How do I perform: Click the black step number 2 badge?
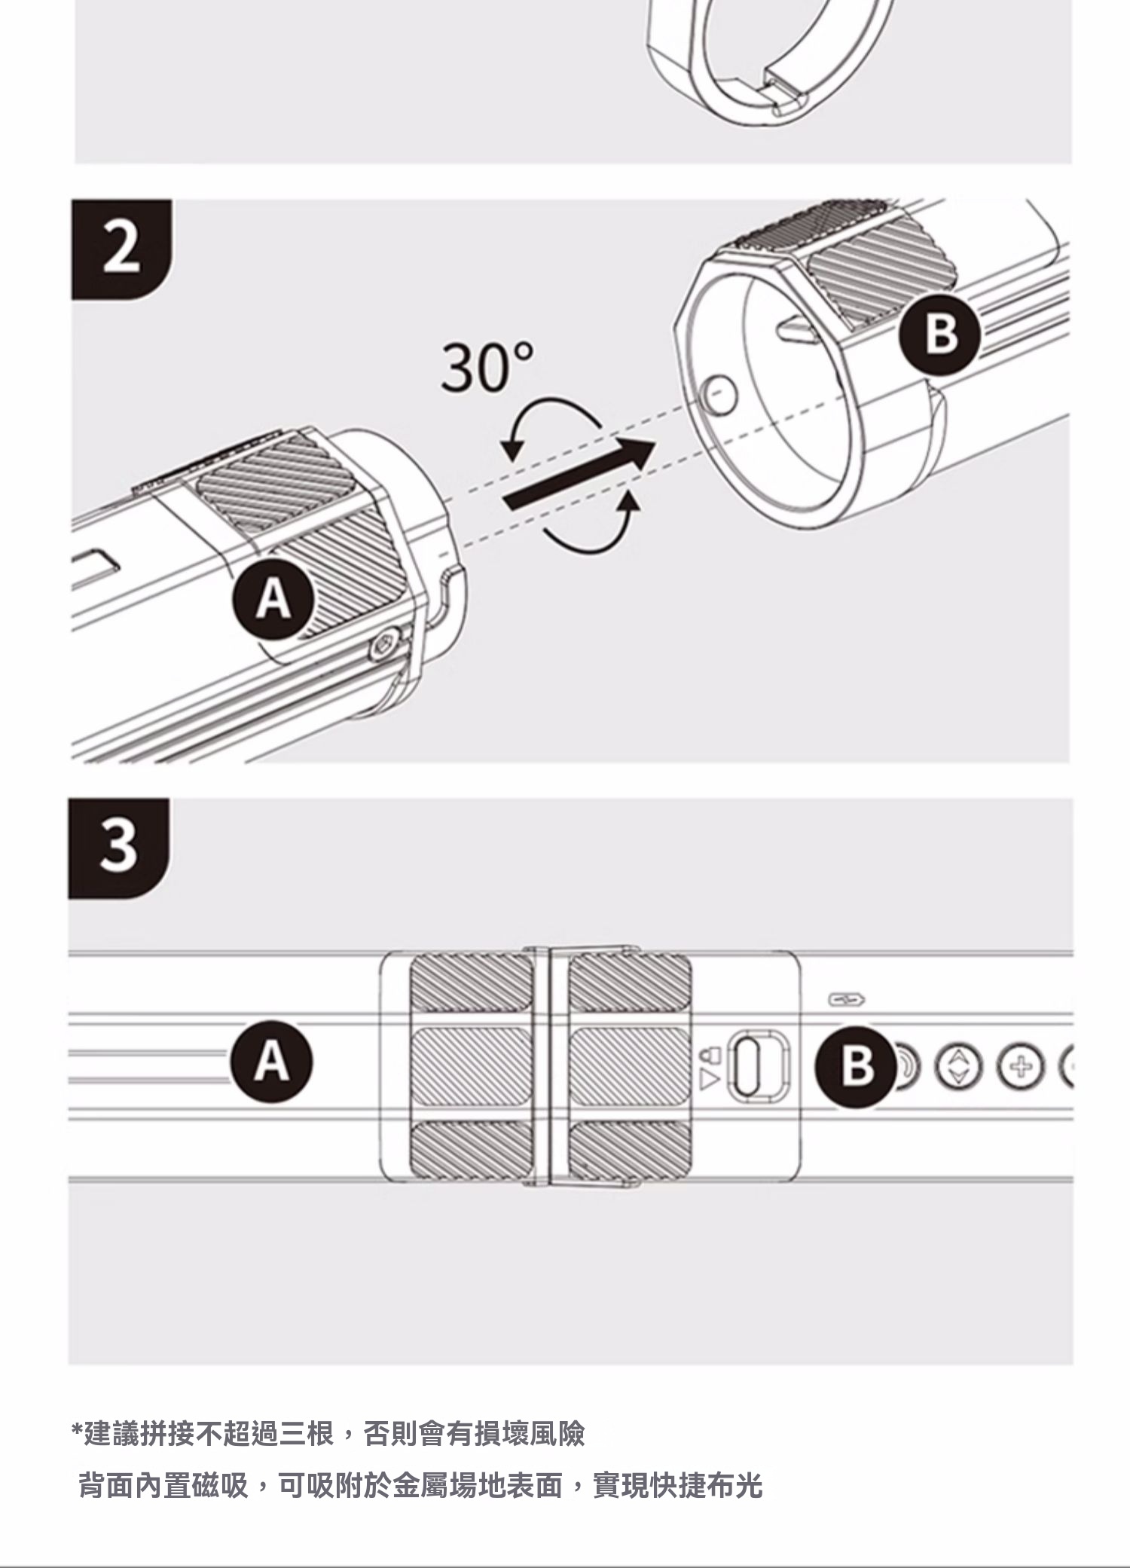pyautogui.click(x=121, y=249)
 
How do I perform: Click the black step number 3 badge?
pyautogui.click(x=118, y=848)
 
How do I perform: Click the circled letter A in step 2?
pyautogui.click(x=273, y=601)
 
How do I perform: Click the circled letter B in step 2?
pyautogui.click(x=941, y=334)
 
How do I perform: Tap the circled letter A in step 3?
pyautogui.click(x=273, y=1061)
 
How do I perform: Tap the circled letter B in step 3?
pyautogui.click(x=857, y=1065)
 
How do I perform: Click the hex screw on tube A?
pyautogui.click(x=385, y=646)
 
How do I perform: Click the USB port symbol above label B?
pyautogui.click(x=846, y=999)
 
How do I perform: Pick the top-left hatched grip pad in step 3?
pyautogui.click(x=470, y=983)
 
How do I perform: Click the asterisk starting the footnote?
pyautogui.click(x=76, y=1429)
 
